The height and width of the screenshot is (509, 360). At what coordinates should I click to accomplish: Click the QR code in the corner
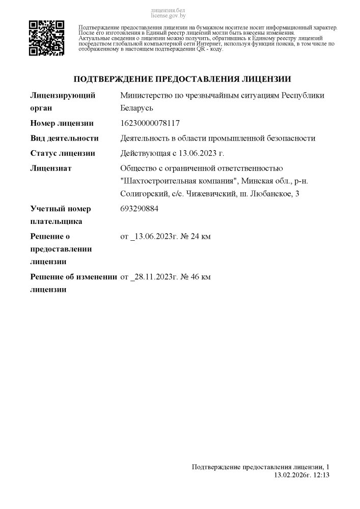tap(46, 38)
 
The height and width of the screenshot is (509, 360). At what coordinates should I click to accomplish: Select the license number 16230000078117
tap(150, 123)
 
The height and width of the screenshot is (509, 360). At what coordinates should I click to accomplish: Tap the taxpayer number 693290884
tap(139, 209)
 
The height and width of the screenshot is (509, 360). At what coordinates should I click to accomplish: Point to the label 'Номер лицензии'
tap(62, 123)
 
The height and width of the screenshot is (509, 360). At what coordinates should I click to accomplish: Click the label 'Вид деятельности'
tap(64, 138)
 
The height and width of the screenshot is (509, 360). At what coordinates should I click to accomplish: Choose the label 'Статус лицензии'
tap(63, 153)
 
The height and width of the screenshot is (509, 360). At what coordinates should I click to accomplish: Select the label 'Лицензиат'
tap(51, 168)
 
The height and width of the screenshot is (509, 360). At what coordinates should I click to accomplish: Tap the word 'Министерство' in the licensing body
tap(145, 96)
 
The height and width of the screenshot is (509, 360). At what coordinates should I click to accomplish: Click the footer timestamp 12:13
tap(322, 475)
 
